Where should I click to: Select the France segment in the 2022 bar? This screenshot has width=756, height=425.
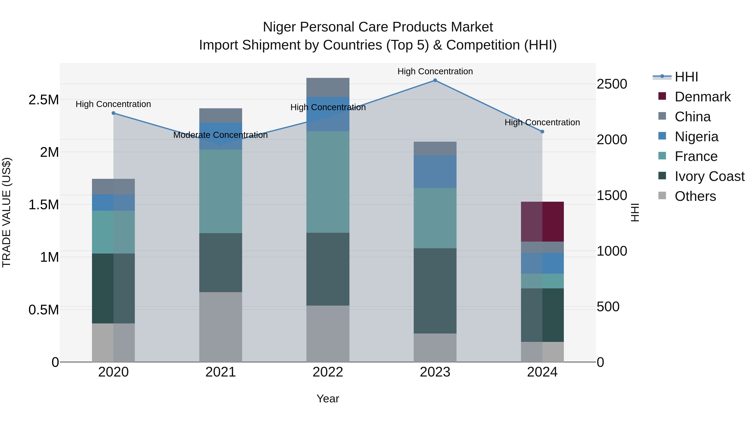[328, 182]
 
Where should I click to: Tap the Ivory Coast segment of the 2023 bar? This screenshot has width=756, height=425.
[435, 291]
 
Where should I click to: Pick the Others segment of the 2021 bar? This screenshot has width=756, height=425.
[221, 327]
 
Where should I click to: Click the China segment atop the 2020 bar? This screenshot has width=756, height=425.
[113, 187]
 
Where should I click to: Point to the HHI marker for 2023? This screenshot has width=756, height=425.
[435, 80]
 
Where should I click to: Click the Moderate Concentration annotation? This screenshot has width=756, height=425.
[220, 135]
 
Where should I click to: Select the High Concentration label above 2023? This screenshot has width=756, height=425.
[435, 72]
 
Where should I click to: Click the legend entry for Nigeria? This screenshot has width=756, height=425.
[696, 137]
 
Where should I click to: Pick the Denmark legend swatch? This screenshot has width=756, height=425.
[662, 96]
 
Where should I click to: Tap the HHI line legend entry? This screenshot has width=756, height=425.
[675, 77]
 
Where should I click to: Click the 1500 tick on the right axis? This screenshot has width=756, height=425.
[612, 196]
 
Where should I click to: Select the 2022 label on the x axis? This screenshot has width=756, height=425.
[328, 372]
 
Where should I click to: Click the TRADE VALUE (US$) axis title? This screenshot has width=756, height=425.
[7, 212]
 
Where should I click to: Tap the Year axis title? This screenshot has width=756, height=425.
[328, 399]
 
